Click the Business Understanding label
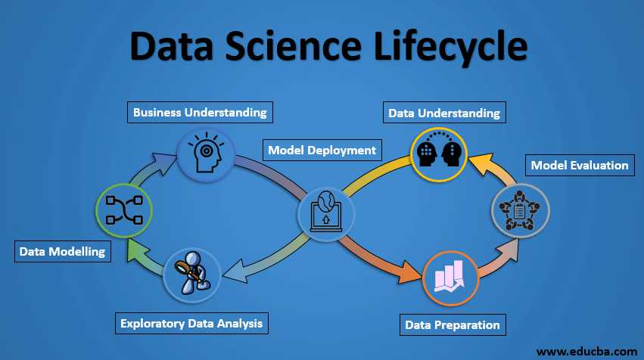[200, 112]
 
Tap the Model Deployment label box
[322, 150]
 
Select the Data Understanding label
[444, 113]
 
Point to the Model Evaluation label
[580, 165]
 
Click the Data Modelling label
[63, 251]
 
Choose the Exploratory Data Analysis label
[191, 323]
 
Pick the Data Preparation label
[453, 324]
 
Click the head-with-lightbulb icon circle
[205, 154]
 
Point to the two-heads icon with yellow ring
[439, 154]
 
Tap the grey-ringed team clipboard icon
[520, 209]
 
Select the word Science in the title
[288, 45]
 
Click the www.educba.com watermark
[586, 351]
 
